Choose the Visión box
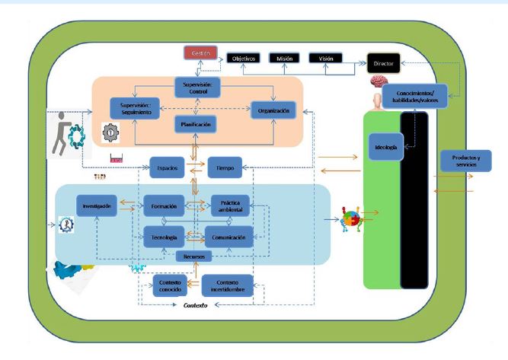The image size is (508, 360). [324, 58]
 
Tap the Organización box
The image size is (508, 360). [273, 111]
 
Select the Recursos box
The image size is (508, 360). [195, 256]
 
